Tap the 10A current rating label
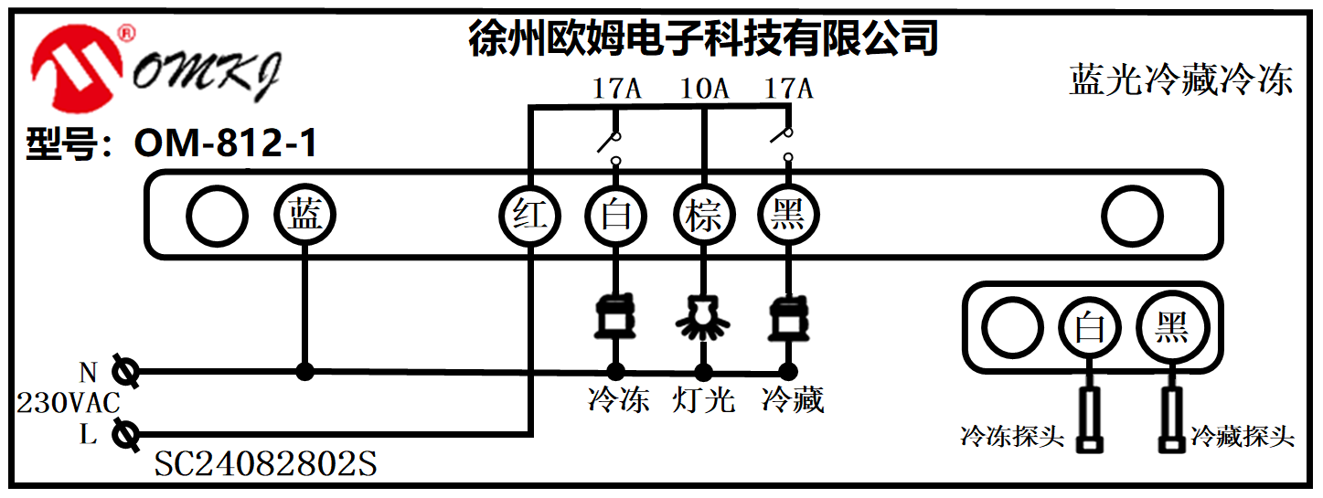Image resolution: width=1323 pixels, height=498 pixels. click(704, 89)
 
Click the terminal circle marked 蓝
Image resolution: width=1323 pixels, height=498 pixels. click(305, 217)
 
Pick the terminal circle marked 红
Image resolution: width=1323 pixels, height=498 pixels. click(529, 217)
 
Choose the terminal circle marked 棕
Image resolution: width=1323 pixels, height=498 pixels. click(704, 217)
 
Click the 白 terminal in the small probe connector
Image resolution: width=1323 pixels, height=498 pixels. click(1089, 327)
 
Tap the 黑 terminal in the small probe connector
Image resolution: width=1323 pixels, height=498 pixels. click(1171, 327)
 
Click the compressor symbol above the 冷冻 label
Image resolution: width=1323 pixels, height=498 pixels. click(616, 316)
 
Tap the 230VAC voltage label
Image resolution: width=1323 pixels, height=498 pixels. click(69, 403)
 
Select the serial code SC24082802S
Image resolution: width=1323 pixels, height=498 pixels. click(265, 465)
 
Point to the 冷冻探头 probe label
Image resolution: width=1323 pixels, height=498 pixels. click(1012, 437)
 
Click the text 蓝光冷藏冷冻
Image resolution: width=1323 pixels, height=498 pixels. click(1180, 80)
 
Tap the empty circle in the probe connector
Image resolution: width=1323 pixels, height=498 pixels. click(1012, 327)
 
